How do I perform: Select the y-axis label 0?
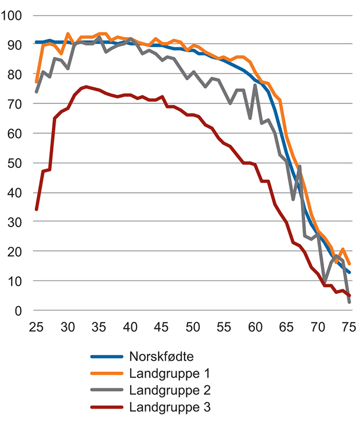click(18, 311)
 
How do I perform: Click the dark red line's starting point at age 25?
click(37, 210)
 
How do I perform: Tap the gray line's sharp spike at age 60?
click(255, 85)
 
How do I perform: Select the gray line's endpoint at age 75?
click(349, 302)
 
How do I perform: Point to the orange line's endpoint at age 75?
click(349, 264)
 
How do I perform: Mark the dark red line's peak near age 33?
click(87, 87)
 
